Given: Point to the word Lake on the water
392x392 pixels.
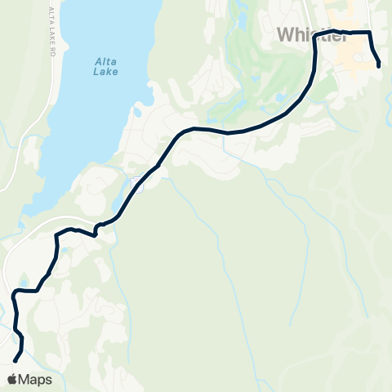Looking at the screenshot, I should point(105,71).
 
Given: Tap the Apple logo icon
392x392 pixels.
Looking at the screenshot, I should point(13,379).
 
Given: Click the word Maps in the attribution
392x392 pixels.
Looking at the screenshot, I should point(36,379).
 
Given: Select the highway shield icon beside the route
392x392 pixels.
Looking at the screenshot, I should point(136,186).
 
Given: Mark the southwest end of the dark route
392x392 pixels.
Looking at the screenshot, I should point(15,360).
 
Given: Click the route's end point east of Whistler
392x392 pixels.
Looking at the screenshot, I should point(380,66).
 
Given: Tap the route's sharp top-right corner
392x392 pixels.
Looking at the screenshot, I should point(370,33).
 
